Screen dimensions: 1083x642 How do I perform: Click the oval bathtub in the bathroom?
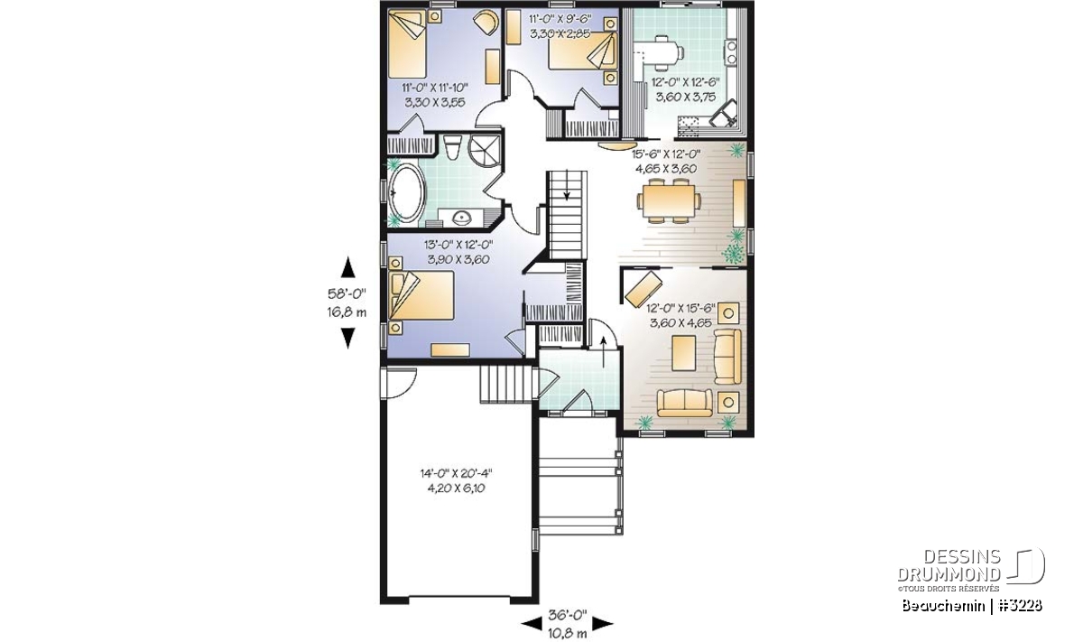point(407,195)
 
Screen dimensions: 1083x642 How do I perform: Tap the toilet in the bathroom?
point(452,146)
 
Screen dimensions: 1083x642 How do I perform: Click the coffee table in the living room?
point(684,353)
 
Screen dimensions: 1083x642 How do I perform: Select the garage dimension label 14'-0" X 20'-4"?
point(456,472)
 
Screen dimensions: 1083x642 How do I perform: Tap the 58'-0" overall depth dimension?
point(347,293)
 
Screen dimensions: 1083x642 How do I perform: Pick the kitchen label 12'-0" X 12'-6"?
point(686,82)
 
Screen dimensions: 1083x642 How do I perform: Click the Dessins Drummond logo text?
point(949,565)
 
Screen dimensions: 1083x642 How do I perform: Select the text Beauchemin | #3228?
point(972,605)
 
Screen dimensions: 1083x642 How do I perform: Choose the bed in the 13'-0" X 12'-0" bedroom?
point(421,295)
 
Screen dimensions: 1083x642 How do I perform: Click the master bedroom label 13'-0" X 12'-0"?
point(458,245)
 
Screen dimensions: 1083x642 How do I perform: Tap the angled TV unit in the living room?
point(643,288)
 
